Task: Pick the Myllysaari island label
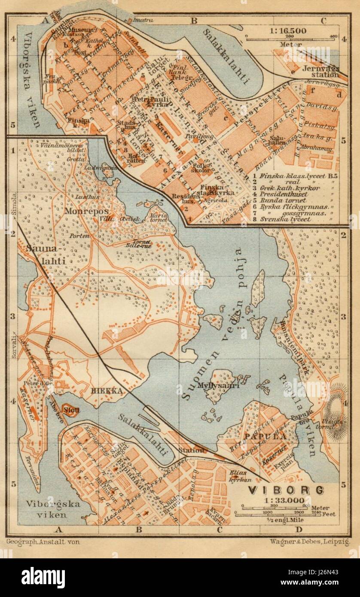(x=212, y=385)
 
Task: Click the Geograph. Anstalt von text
(x=43, y=542)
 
